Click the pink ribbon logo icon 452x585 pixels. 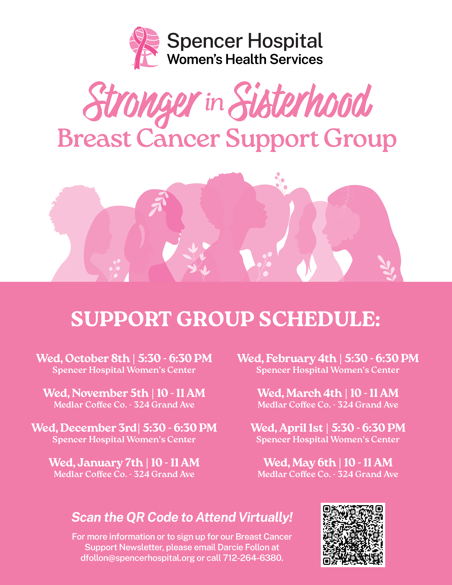pos(144,48)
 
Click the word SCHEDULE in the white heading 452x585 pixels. pos(319,319)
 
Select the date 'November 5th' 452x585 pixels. pos(110,393)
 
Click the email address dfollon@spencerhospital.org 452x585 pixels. pos(138,558)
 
